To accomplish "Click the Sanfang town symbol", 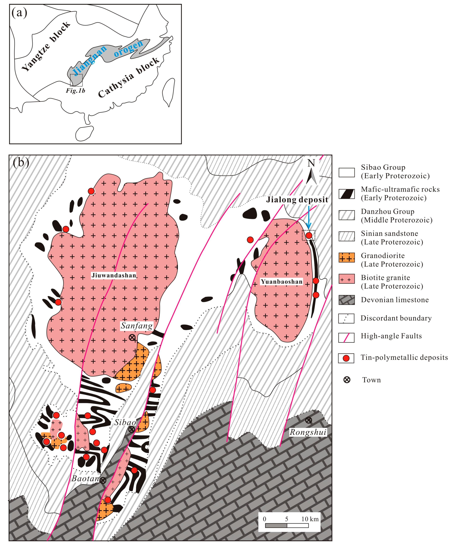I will tap(132, 338).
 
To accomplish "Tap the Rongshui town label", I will tap(308, 432).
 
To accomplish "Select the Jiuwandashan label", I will tap(114, 275).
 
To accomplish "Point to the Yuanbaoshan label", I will tap(282, 282).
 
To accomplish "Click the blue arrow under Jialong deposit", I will tap(309, 217).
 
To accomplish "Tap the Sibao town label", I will tap(125, 422).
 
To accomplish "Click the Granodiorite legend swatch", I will tap(346, 258).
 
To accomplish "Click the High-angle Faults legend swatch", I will tap(346, 338).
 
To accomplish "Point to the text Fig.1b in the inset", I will tap(75, 91).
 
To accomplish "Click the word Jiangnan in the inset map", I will tap(89, 60).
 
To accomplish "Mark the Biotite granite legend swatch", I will tap(346, 279).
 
